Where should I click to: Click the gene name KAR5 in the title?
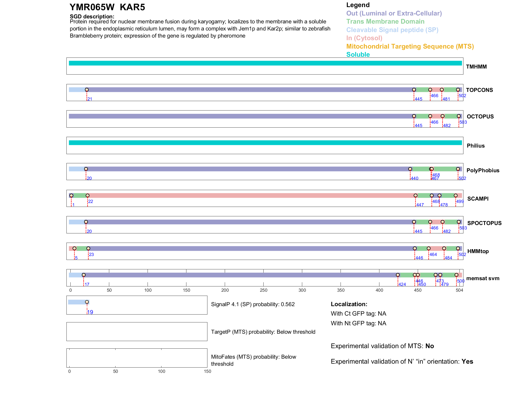132,7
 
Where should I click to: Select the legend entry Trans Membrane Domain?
385,22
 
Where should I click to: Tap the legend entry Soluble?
358,55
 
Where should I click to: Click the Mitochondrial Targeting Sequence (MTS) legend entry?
410,46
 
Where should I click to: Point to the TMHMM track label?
476,67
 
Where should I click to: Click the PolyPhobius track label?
483,170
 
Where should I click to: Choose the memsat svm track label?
483,278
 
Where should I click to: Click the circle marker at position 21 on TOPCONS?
87,90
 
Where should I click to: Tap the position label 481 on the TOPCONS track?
446,99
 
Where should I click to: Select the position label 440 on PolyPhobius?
415,179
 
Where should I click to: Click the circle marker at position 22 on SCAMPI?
88,196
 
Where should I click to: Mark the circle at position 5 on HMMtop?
75,248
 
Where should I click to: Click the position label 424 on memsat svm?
402,285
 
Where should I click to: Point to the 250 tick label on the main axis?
264,290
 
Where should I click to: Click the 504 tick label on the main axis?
459,290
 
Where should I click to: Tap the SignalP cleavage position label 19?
90,312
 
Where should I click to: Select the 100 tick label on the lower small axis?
161,371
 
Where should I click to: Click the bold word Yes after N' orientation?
467,362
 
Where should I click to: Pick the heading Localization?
349,304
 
